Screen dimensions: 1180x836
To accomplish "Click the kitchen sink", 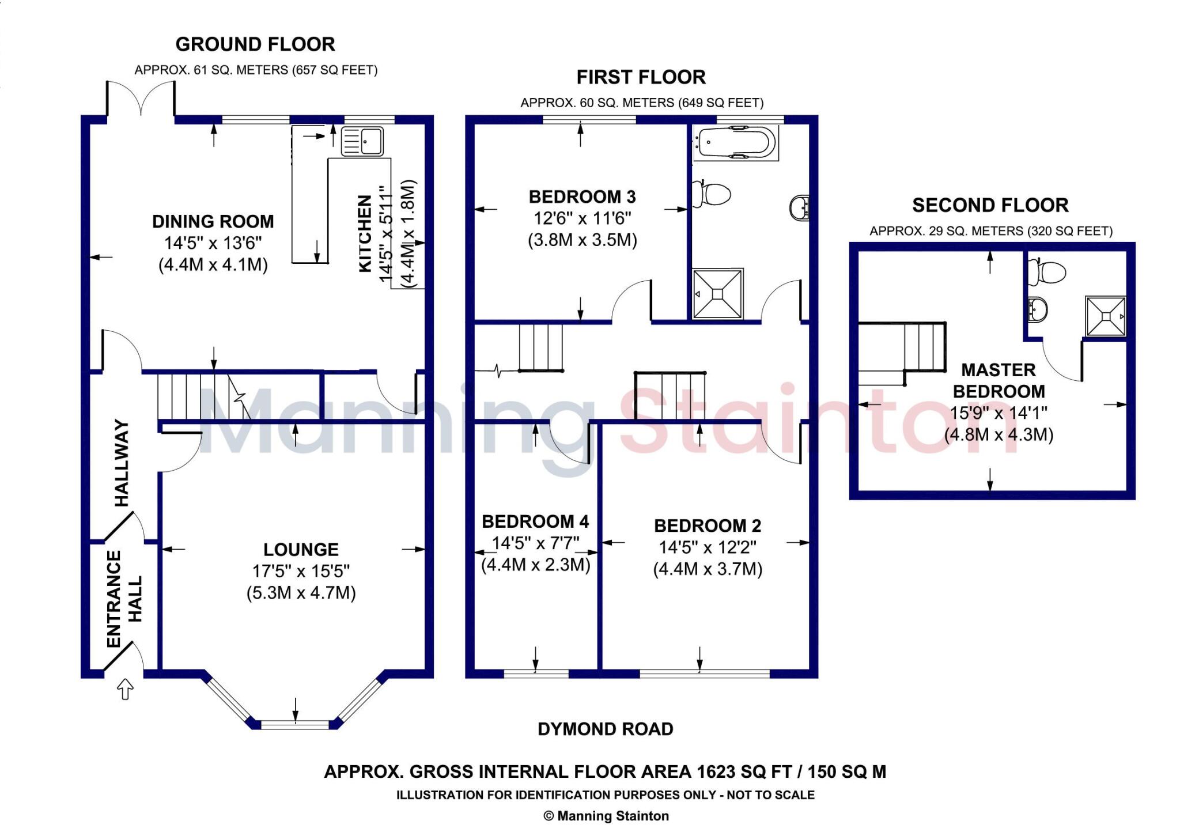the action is tap(362, 142).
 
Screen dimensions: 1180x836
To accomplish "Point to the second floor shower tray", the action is tap(1106, 316).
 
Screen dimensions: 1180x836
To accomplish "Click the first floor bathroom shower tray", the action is tap(717, 293).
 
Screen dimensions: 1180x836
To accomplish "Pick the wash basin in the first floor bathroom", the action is tap(799, 207).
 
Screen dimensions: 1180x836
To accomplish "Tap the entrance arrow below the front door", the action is tap(125, 690).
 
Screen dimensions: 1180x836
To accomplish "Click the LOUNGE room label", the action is tap(301, 550).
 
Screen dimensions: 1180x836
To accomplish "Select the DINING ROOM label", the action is tap(213, 221).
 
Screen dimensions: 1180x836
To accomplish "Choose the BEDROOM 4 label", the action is tap(535, 521).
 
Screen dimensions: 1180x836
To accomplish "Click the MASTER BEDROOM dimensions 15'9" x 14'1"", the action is tap(999, 413).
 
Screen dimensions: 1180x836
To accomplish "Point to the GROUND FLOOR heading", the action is tap(255, 44).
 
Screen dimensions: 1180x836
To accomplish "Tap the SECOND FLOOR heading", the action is tap(990, 205).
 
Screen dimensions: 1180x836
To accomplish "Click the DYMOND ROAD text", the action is tap(606, 729).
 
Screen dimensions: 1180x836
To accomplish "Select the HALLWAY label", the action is tap(122, 463).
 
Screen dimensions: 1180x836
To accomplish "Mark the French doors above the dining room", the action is tap(141, 99).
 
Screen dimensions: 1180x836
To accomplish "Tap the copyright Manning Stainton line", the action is tap(606, 816).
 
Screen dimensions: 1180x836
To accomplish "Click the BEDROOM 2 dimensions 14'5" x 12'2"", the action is tap(708, 547).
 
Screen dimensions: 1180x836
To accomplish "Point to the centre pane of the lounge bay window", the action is tap(296, 724).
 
